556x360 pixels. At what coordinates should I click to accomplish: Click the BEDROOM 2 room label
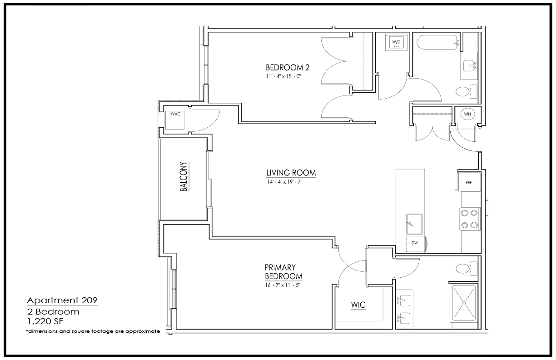click(x=288, y=68)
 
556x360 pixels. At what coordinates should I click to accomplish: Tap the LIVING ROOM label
click(x=291, y=173)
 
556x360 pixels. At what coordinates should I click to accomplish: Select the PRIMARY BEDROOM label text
click(x=283, y=272)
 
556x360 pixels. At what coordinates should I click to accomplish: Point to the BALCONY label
click(x=184, y=176)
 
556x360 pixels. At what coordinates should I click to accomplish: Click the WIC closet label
click(x=358, y=305)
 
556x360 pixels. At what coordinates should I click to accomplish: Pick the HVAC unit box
click(x=175, y=120)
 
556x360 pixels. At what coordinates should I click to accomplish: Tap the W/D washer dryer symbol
click(x=396, y=42)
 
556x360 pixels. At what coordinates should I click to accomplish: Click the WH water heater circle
click(x=467, y=114)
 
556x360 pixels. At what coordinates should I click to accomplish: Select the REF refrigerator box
click(x=469, y=182)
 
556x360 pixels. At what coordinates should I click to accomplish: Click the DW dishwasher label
click(x=415, y=243)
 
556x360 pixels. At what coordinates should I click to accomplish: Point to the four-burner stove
click(x=470, y=219)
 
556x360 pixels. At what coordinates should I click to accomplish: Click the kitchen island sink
click(x=414, y=224)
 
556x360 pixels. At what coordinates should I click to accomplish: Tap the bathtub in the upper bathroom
click(x=438, y=42)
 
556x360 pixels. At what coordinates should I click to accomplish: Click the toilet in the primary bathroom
click(x=467, y=269)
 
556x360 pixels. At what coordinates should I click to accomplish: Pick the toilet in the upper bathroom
click(x=467, y=91)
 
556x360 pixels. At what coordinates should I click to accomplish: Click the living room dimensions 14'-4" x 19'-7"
click(x=285, y=182)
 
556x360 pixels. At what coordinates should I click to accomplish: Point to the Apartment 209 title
click(x=62, y=300)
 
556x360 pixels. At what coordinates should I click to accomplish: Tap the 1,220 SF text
click(x=45, y=321)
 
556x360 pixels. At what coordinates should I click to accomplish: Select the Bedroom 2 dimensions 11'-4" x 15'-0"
click(x=283, y=76)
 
